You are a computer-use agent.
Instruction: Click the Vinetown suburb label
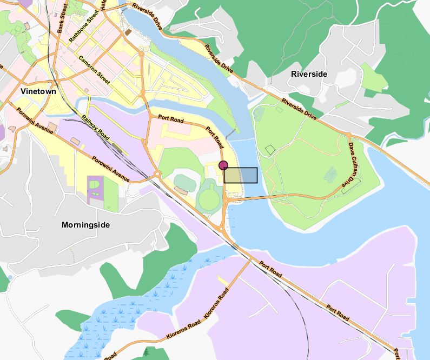point(38,91)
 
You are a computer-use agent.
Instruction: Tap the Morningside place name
point(86,224)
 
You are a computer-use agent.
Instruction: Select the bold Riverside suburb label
point(309,74)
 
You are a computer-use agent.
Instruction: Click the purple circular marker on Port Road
point(223,165)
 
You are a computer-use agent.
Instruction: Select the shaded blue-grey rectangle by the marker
point(241,175)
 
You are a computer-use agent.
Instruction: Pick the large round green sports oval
point(210,198)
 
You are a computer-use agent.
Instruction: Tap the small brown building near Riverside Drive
point(128,33)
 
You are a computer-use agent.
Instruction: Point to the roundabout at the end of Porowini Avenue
point(157,174)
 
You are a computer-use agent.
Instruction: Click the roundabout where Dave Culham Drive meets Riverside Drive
point(349,135)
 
